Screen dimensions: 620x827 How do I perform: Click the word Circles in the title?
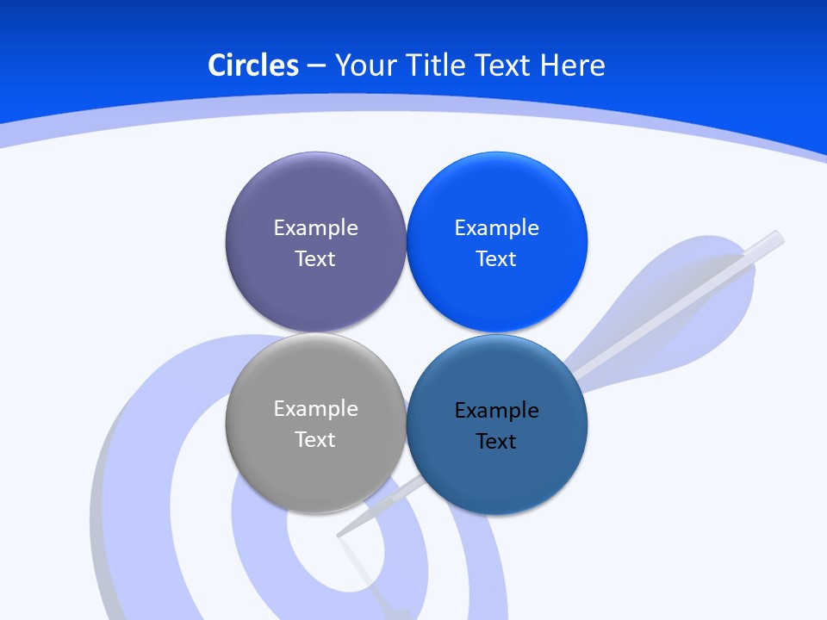point(253,65)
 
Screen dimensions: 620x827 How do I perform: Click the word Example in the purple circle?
point(315,228)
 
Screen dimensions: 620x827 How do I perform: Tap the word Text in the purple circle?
point(315,259)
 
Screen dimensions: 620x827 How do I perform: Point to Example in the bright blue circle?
point(497,228)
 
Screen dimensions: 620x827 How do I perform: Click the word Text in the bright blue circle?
point(497,259)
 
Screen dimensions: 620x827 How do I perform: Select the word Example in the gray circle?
point(315,409)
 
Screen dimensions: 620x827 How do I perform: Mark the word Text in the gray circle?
point(315,440)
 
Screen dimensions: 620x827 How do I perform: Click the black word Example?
point(497,411)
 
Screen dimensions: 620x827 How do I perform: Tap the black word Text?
point(497,442)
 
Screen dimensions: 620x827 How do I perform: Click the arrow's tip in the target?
point(341,534)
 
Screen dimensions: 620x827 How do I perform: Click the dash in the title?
point(316,65)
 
